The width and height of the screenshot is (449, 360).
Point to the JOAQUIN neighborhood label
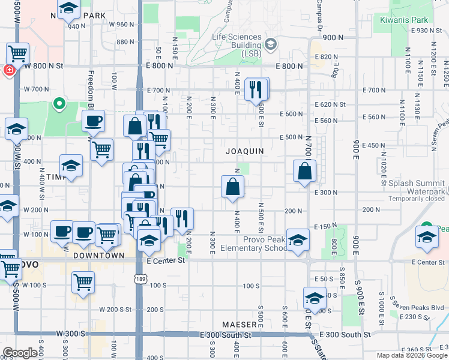point(244,151)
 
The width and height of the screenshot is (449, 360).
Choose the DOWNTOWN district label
point(98,255)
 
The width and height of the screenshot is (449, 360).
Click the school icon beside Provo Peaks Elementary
point(297,240)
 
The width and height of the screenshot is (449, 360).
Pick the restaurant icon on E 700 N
point(257,89)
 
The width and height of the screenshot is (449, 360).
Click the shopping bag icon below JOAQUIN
point(232,187)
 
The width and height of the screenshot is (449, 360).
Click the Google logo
point(20,353)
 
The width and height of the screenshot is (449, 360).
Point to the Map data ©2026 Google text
point(412,355)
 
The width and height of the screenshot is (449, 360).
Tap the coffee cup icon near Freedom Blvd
point(93,121)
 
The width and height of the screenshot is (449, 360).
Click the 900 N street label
point(331,37)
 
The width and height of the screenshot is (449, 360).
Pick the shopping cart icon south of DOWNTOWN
point(82,281)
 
